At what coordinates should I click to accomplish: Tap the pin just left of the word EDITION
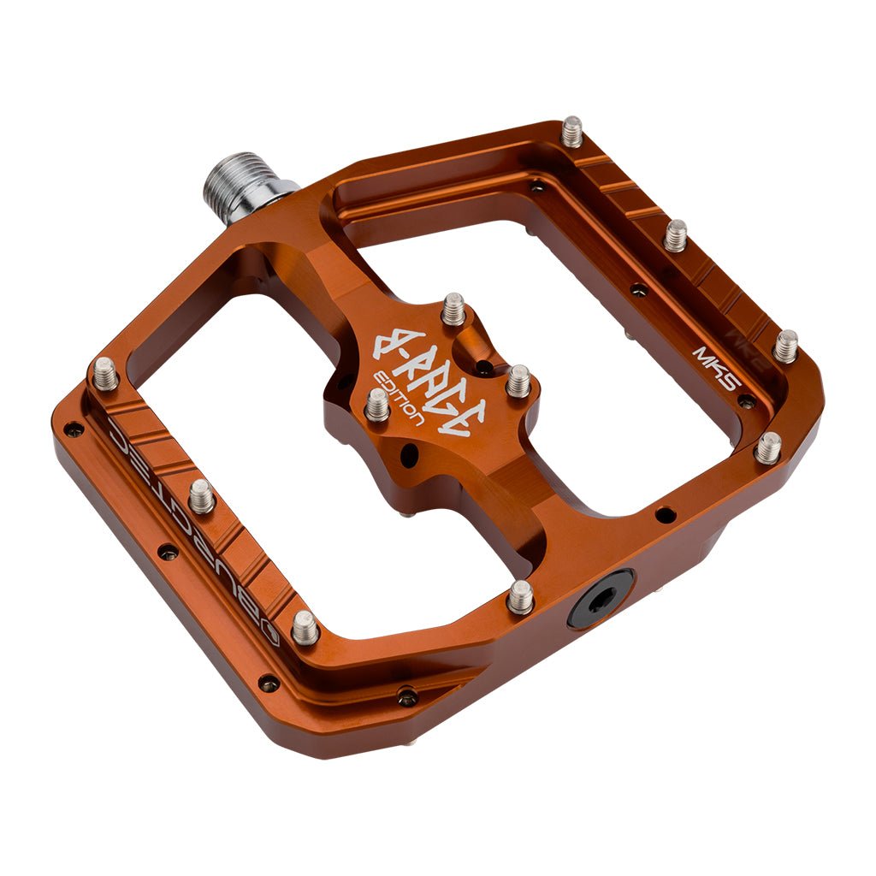pos(377,405)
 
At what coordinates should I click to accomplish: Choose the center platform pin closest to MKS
pos(518,380)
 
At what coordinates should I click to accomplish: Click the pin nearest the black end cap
pos(520,596)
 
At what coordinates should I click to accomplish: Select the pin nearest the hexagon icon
pos(305,627)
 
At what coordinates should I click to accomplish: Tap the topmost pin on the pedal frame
pos(571,132)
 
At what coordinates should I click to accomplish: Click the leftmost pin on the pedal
pos(105,373)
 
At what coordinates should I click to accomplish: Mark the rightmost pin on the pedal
pos(785,346)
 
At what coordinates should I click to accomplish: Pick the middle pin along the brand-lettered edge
pos(201,495)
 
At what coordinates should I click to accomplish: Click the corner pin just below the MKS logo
pos(768,447)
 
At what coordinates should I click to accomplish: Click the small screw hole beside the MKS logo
pos(746,400)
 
